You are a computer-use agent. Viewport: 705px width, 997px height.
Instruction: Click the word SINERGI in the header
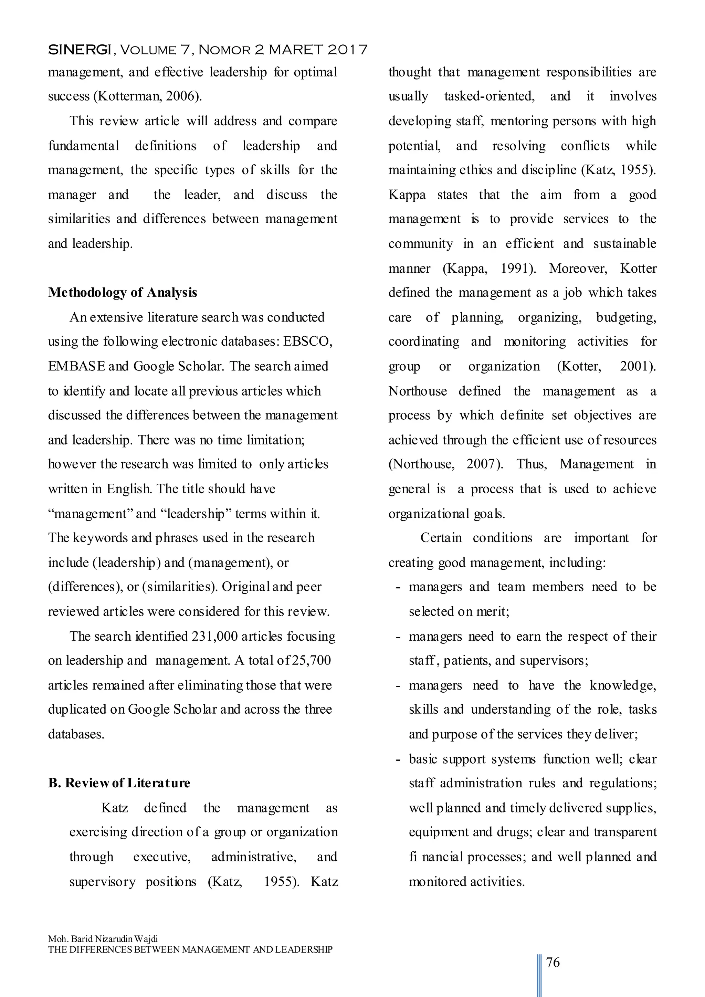pyautogui.click(x=80, y=50)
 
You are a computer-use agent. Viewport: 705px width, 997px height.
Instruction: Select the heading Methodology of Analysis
pyautogui.click(x=123, y=293)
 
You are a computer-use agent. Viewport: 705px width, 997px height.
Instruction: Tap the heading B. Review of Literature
pyautogui.click(x=119, y=783)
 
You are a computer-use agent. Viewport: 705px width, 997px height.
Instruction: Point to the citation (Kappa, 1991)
pyautogui.click(x=489, y=268)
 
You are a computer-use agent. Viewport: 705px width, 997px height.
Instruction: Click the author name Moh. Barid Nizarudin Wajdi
pyautogui.click(x=103, y=939)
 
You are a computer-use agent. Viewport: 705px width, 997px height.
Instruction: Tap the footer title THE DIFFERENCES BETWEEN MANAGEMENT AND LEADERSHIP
pyautogui.click(x=190, y=950)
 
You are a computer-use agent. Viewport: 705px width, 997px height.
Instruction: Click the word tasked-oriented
pyautogui.click(x=489, y=96)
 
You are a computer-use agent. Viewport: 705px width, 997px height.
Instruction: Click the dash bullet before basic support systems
pyautogui.click(x=398, y=759)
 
